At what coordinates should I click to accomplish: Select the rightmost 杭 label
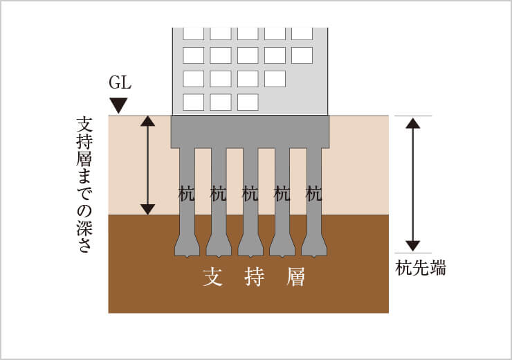click(x=314, y=194)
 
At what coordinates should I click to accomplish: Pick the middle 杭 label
click(x=250, y=194)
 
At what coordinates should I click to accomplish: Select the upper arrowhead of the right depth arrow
click(x=413, y=123)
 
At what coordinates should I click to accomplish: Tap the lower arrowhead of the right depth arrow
click(x=413, y=246)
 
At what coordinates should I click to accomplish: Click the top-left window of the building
click(x=193, y=33)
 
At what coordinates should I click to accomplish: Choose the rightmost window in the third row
click(x=275, y=78)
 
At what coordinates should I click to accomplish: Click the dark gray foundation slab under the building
click(x=250, y=131)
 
